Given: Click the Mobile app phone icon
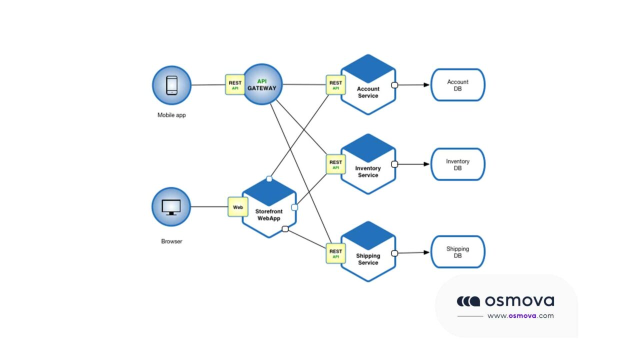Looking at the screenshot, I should [x=171, y=85].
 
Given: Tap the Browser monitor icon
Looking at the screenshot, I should [x=171, y=206].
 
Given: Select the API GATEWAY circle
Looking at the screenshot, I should [x=263, y=84].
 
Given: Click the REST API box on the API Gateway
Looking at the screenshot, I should [x=234, y=85].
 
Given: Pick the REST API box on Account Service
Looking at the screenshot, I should [x=335, y=85].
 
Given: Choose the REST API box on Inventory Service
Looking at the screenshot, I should [x=335, y=164].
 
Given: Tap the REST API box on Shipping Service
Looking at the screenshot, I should [x=335, y=253].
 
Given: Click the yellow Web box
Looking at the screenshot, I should [x=238, y=206].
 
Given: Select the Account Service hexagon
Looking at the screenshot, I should [x=368, y=85].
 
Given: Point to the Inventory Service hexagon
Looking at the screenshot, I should [x=368, y=164].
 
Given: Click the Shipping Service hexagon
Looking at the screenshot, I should [x=368, y=252].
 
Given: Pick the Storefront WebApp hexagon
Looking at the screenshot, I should [x=269, y=207].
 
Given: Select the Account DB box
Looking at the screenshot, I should [x=457, y=85].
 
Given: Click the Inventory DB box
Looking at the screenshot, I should [x=457, y=164].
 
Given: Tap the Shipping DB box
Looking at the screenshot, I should [x=457, y=252].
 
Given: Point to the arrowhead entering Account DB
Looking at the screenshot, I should [x=426, y=85].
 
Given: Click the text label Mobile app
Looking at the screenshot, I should [x=171, y=115].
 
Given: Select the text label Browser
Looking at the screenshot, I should [x=171, y=241].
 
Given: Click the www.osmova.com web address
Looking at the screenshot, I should [x=520, y=315].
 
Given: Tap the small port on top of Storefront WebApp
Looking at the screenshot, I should [x=269, y=178].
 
